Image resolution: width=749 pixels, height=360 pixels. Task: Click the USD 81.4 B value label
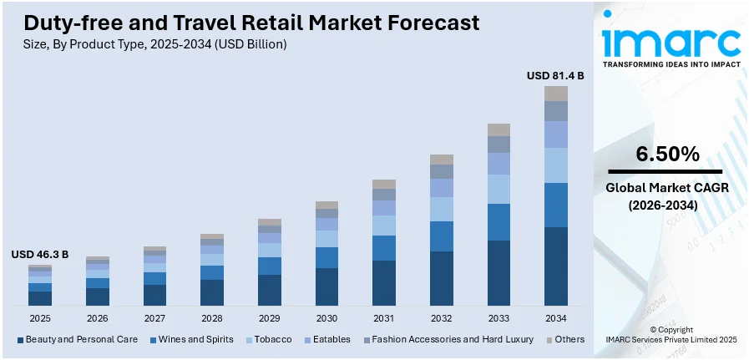pyautogui.click(x=554, y=75)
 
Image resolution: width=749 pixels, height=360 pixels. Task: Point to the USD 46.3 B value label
pyautogui.click(x=39, y=254)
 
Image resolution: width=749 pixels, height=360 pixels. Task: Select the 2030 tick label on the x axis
pyautogui.click(x=326, y=318)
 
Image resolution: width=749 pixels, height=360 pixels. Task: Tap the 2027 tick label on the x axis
pyautogui.click(x=154, y=318)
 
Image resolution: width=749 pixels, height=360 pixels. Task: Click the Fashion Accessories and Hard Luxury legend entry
pyautogui.click(x=450, y=339)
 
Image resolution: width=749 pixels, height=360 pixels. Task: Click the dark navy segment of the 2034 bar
pyautogui.click(x=556, y=266)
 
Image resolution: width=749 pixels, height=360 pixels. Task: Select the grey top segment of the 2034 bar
pyautogui.click(x=556, y=93)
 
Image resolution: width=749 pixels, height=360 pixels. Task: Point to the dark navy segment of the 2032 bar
pyautogui.click(x=442, y=277)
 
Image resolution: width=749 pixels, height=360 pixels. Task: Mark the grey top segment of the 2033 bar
pyautogui.click(x=498, y=129)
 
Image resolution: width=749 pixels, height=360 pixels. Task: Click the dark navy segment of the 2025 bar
pyautogui.click(x=40, y=297)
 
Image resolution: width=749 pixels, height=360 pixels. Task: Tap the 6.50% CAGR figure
pyautogui.click(x=667, y=154)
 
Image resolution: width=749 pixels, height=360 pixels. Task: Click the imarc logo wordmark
pyautogui.click(x=671, y=42)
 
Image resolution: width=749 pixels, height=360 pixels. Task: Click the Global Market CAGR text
pyautogui.click(x=667, y=189)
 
